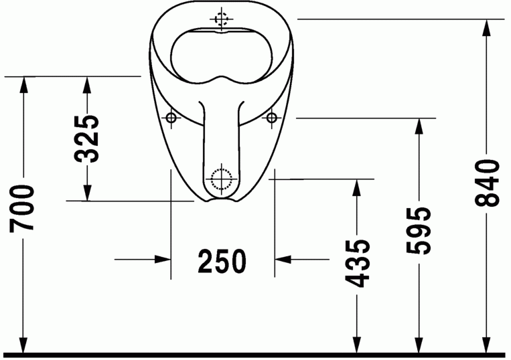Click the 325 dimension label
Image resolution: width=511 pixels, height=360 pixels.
coord(87,139)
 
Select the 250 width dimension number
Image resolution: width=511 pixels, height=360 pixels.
coord(222,261)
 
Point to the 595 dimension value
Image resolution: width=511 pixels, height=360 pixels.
coord(419,231)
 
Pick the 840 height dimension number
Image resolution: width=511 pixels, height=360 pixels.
coord(488,183)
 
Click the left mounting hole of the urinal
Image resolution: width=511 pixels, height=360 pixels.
coord(171,118)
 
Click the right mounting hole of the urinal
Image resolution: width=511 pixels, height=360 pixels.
coord(272,118)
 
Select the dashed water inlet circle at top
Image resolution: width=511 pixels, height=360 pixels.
coord(222,18)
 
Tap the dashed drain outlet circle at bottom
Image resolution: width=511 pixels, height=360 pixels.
coord(221,179)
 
